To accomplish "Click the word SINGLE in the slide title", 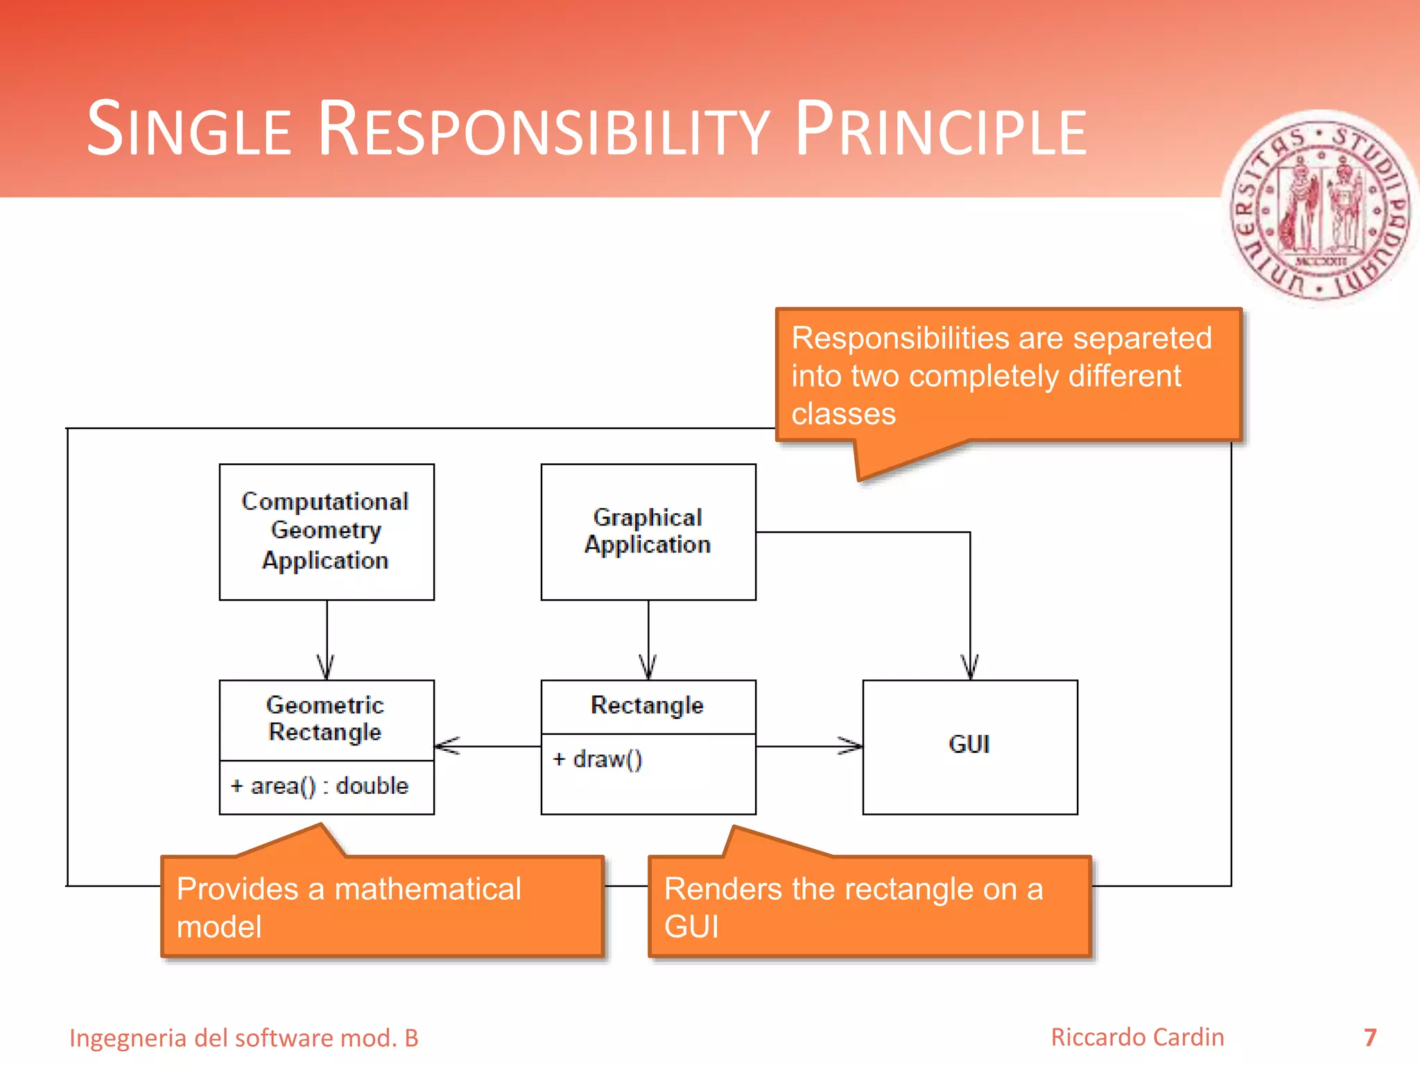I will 189,130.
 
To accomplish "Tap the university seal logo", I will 1321,208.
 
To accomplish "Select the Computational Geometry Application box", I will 327,531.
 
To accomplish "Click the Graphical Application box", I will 648,531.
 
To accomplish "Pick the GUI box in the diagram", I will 969,746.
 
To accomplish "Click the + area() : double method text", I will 320,786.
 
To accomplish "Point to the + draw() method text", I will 598,759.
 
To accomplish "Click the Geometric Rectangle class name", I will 325,718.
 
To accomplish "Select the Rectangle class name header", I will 648,705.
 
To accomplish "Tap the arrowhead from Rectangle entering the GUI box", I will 851,746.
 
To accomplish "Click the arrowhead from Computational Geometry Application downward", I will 326,667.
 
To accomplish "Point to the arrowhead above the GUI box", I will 969,667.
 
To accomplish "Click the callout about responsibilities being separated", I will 1007,375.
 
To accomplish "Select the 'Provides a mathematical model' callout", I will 382,907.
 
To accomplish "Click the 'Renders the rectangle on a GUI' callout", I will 869,907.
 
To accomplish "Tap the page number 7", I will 1370,1038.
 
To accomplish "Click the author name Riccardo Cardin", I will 1137,1037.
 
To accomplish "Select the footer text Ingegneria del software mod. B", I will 244,1038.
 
